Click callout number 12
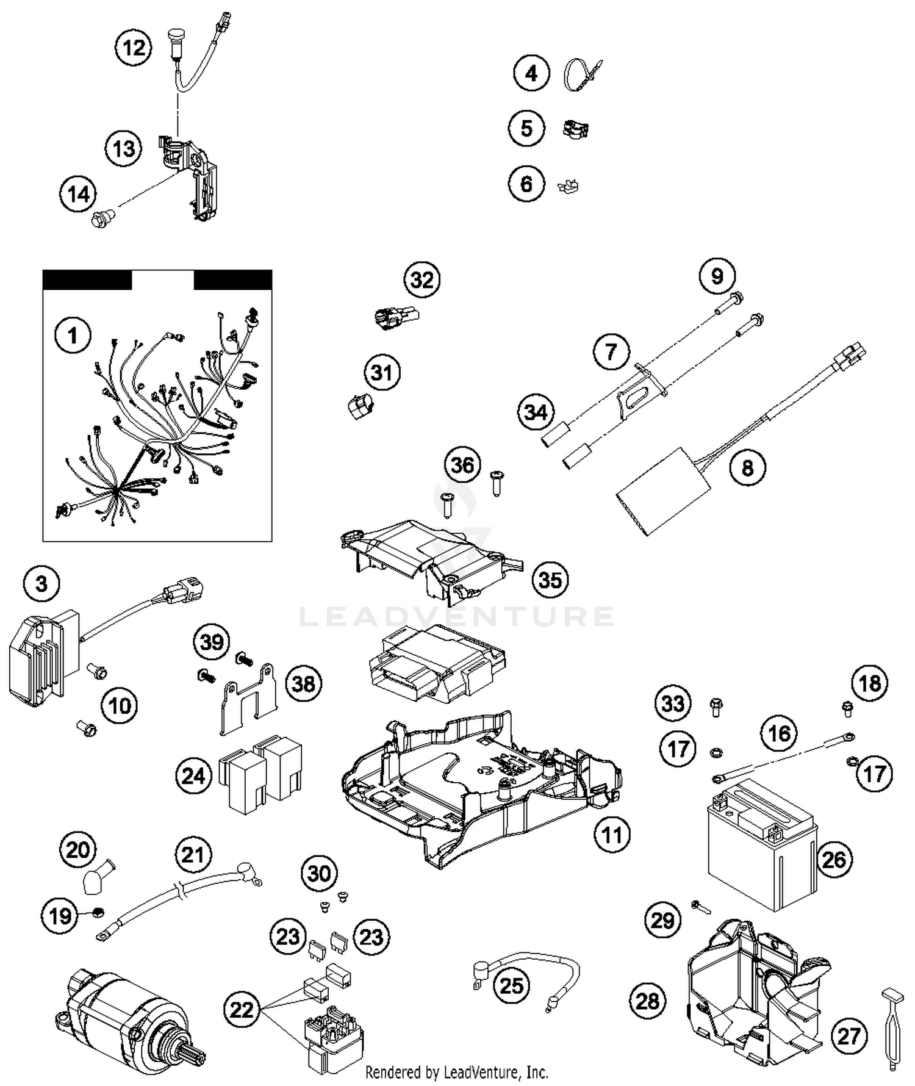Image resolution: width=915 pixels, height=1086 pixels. pos(134,48)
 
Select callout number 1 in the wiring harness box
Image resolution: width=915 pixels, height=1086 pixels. pos(73,335)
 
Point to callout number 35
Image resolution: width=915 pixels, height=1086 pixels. pos(550,580)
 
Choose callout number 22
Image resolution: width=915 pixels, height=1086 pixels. pos(242,1010)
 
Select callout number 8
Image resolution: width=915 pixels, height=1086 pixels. pos(747,468)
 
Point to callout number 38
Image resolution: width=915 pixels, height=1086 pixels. pos(304,683)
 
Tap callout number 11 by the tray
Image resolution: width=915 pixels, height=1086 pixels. pos(612,834)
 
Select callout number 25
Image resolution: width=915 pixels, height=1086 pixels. pos(511,985)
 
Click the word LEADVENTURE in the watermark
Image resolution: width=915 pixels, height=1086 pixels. pos(456,616)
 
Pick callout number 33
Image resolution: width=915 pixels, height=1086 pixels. pos(673,703)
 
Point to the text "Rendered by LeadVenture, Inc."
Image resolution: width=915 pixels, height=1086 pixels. pos(456,1072)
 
